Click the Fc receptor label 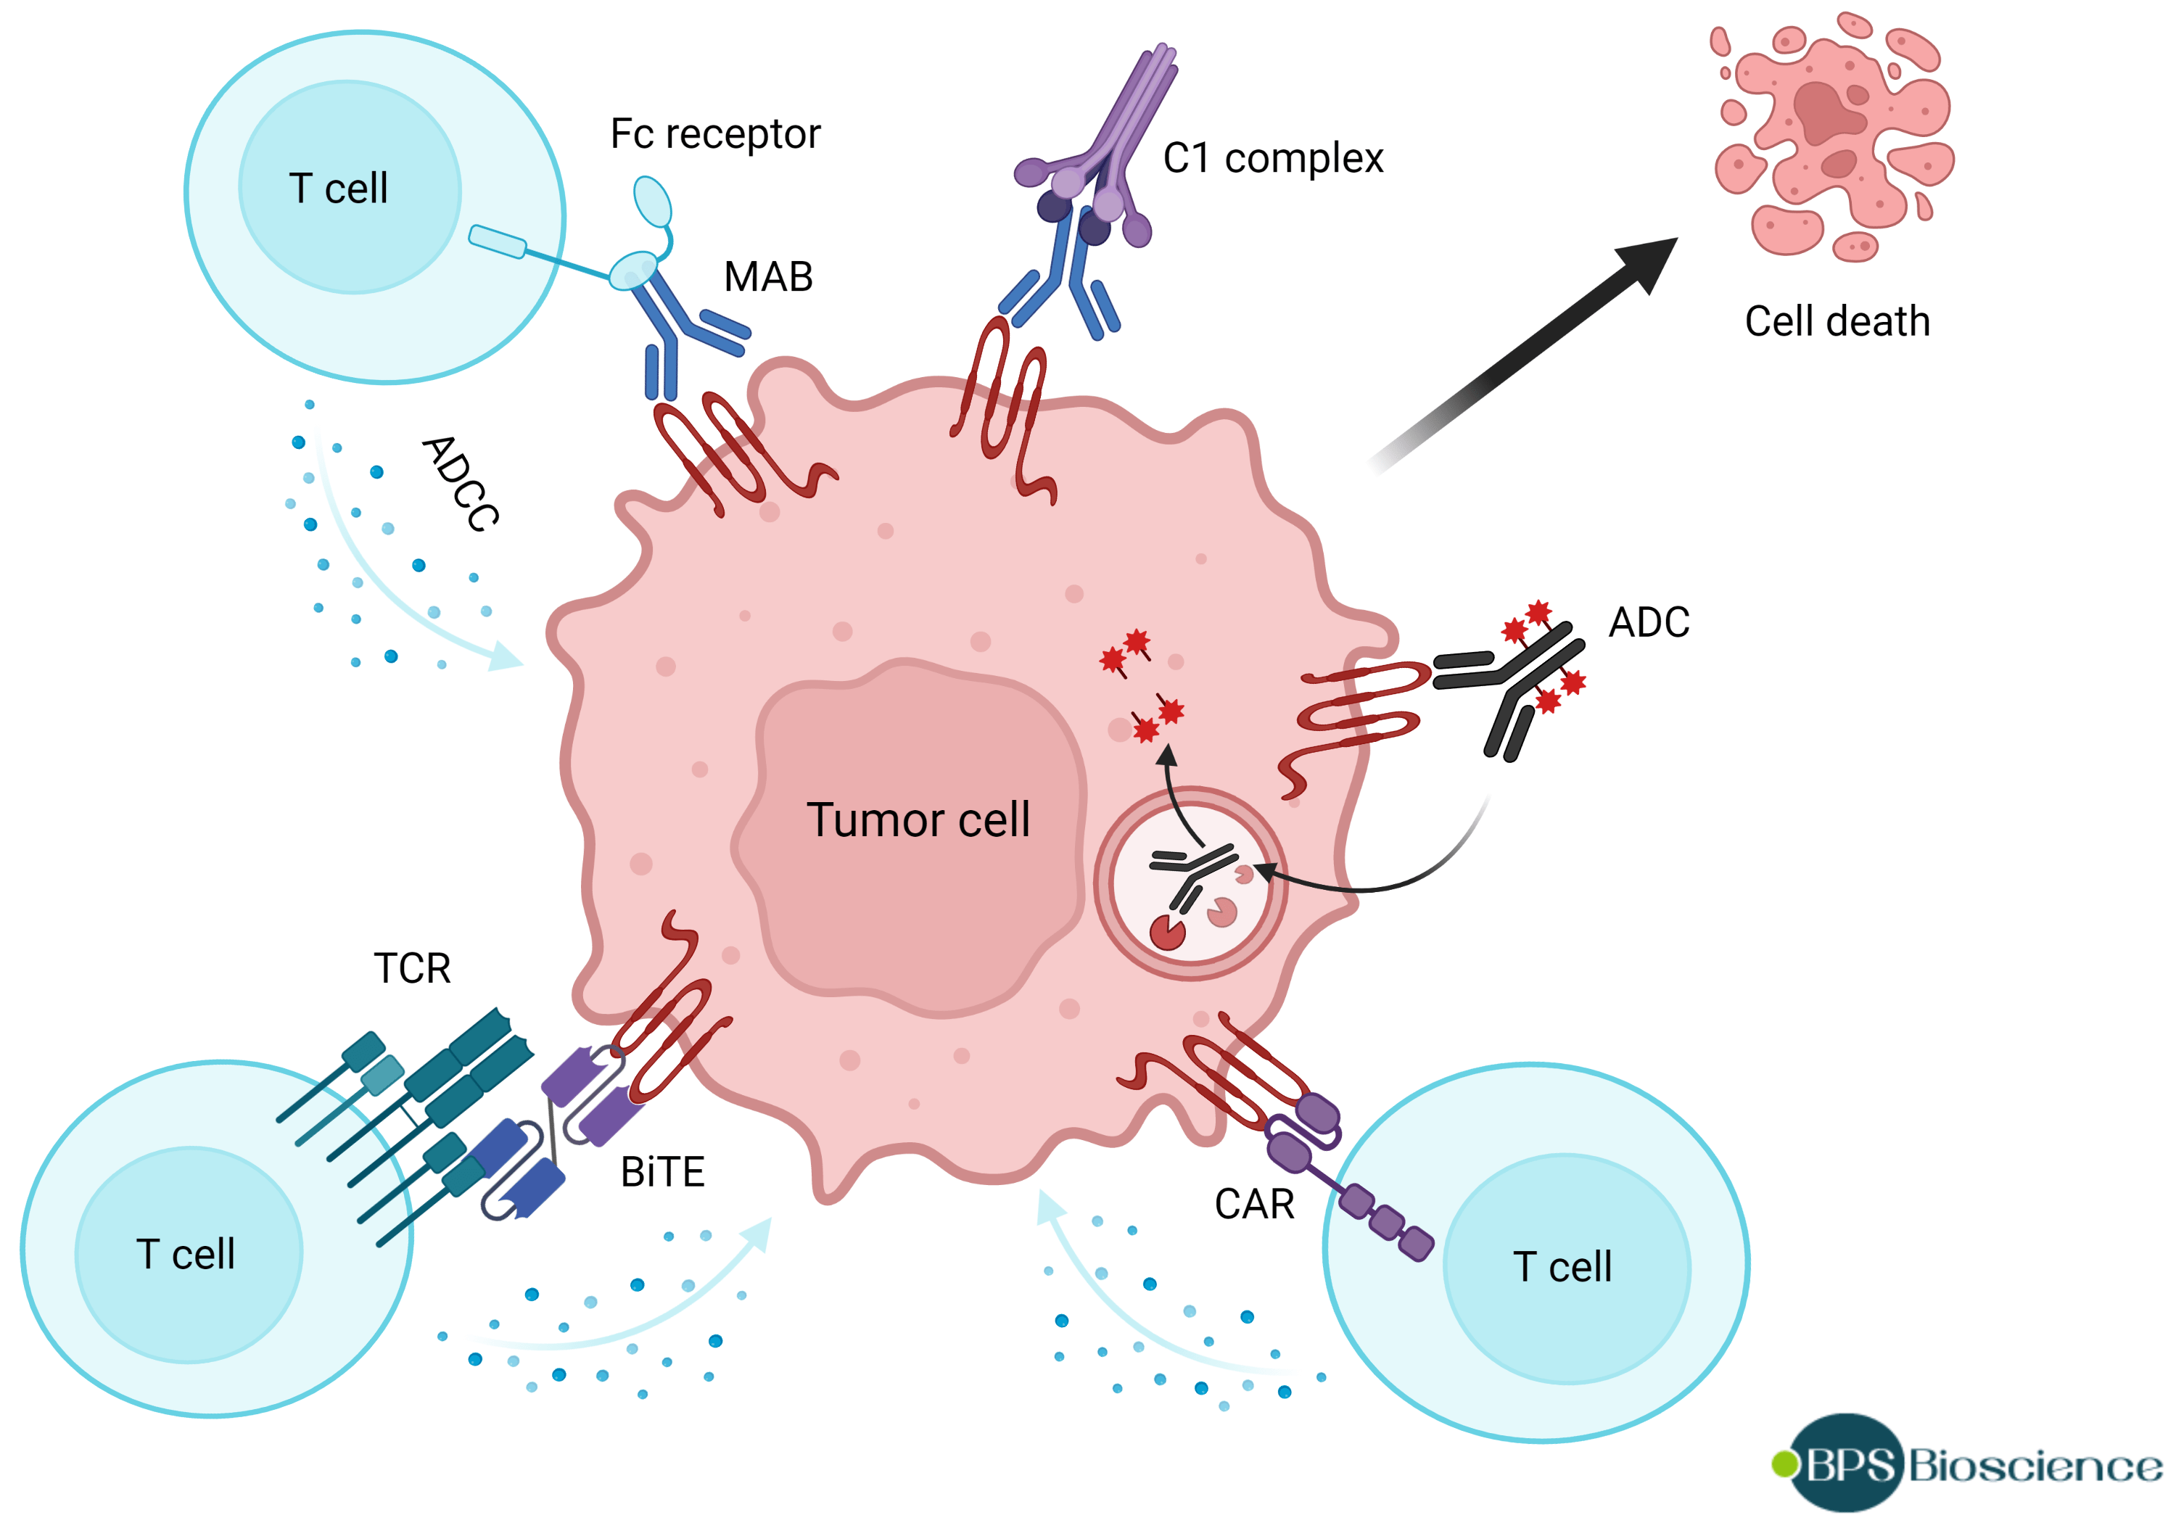[x=714, y=135]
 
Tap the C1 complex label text [x=1273, y=158]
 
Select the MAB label [x=767, y=277]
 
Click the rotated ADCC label [x=461, y=483]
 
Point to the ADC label [x=1649, y=623]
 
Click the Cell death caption [x=1837, y=321]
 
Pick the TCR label [x=411, y=969]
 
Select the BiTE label [x=662, y=1172]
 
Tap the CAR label [x=1254, y=1205]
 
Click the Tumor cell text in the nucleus [x=918, y=820]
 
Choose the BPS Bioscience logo [x=1966, y=1464]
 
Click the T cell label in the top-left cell [x=338, y=189]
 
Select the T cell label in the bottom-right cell [x=1562, y=1267]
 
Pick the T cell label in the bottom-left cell [x=186, y=1255]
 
